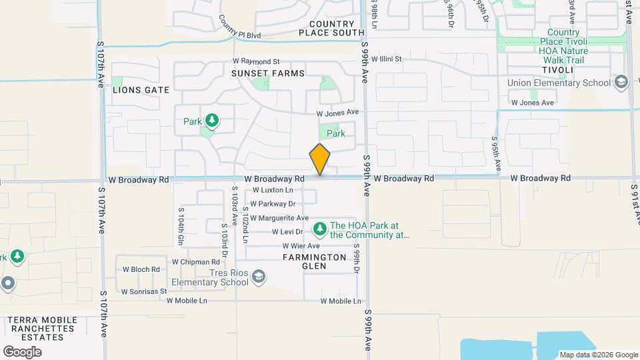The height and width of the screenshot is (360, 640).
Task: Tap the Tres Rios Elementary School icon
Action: [x=258, y=276]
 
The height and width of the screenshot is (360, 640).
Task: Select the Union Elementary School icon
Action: [x=621, y=83]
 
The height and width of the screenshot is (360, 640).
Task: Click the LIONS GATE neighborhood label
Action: [x=141, y=89]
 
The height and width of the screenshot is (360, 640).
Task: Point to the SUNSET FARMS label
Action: [x=267, y=73]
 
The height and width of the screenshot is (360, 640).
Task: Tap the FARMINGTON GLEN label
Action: [x=314, y=261]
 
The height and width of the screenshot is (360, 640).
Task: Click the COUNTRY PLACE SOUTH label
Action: [x=331, y=28]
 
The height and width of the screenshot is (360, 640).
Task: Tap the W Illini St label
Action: [x=387, y=59]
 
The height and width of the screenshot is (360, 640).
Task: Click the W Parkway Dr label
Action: [x=273, y=204]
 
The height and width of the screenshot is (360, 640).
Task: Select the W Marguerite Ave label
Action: [x=279, y=218]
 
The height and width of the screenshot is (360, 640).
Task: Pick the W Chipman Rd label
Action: [x=195, y=262]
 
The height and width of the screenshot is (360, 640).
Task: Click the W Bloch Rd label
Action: [x=141, y=270]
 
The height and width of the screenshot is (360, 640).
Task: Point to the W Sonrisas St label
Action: [x=143, y=292]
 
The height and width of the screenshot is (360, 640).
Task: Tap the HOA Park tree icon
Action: [x=320, y=229]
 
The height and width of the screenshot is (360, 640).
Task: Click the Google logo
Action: [x=22, y=351]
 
